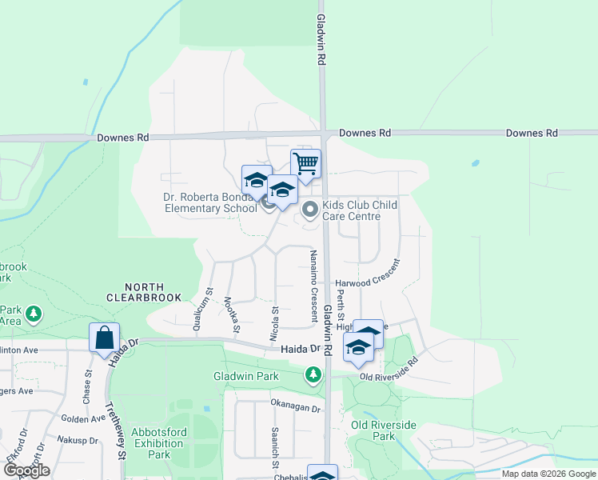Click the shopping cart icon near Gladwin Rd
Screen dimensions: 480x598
point(305,164)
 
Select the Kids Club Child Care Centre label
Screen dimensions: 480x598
point(360,210)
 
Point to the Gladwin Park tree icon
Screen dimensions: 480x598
point(313,374)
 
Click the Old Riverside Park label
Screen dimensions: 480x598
point(373,430)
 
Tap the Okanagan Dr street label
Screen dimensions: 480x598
point(295,408)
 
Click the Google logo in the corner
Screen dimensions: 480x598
point(26,471)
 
